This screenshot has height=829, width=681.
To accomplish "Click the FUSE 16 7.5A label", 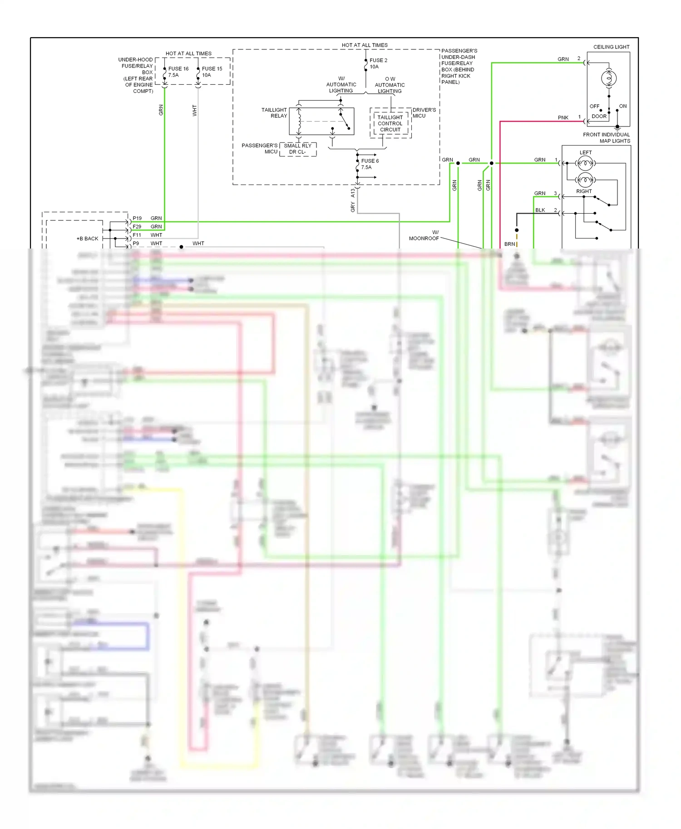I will pos(178,72).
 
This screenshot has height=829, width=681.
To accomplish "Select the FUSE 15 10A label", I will pos(212,72).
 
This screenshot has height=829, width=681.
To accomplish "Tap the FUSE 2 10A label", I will pos(378,63).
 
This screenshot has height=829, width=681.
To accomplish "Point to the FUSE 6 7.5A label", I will pos(369,164).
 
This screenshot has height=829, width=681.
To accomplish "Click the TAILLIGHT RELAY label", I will pos(274,112).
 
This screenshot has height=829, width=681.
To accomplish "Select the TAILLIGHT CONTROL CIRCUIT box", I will pos(390,123).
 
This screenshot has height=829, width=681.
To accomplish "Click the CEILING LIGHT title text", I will pos(611,47).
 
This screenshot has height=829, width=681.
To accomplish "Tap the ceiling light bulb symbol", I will pos(608,78).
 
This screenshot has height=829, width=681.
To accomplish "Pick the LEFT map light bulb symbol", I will pos(585,163).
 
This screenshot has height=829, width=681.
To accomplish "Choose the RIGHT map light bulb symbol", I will pos(585,180).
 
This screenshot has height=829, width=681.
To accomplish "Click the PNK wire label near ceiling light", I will pos(563,117).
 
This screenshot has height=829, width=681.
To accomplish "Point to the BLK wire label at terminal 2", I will pos(540,210).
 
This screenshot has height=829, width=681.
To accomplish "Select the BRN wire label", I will pos(509,244).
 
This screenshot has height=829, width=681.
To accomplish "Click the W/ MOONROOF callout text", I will pos(424,235).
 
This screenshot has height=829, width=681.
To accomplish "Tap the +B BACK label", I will pos(88,239).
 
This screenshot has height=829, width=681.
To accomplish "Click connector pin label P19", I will pos(137,218).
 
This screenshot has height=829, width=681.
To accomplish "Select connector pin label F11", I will pos(137,235).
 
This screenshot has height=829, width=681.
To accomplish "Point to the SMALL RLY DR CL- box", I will pos(298,149).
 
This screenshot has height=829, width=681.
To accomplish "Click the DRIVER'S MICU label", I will pos(424,112).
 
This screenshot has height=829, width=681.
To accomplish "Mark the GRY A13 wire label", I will pos(353,200).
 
